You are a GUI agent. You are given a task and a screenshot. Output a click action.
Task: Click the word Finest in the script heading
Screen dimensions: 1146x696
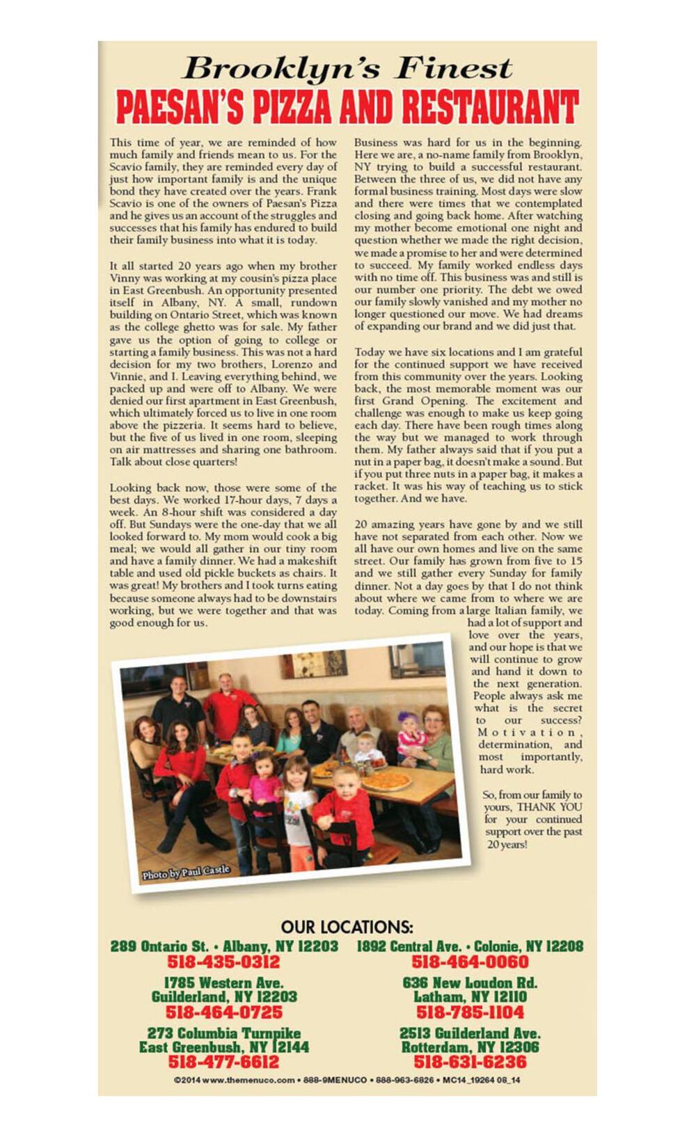(x=454, y=68)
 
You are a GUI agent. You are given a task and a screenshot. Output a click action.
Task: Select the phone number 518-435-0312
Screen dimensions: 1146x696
(x=223, y=962)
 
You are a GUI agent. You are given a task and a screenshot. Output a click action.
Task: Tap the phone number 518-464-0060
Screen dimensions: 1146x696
(x=470, y=962)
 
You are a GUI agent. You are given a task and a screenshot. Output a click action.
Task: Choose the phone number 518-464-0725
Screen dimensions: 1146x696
(x=223, y=1012)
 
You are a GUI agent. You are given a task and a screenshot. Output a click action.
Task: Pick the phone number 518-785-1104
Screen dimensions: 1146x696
(x=470, y=1012)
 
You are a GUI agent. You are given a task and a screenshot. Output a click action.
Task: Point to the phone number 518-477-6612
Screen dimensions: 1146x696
(x=223, y=1063)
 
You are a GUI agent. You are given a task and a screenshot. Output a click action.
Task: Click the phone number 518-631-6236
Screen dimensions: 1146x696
(x=470, y=1063)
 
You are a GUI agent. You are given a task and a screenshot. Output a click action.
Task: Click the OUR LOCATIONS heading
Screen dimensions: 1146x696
(x=347, y=928)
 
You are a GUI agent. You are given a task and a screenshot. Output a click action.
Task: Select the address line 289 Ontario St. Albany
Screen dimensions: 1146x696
(x=223, y=946)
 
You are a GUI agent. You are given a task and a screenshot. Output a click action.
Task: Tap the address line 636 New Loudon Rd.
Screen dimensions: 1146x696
(x=470, y=982)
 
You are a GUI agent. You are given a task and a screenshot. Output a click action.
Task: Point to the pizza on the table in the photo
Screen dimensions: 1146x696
(x=386, y=781)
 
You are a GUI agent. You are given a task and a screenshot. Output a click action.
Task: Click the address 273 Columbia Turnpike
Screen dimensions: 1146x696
(x=223, y=1033)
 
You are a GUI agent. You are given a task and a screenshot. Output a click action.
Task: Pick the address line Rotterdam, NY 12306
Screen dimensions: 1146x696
(x=470, y=1047)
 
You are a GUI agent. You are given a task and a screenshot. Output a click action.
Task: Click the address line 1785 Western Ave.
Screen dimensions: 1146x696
(x=223, y=982)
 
